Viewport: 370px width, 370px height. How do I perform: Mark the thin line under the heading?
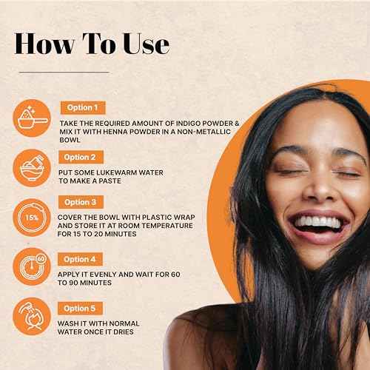tap(63, 72)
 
